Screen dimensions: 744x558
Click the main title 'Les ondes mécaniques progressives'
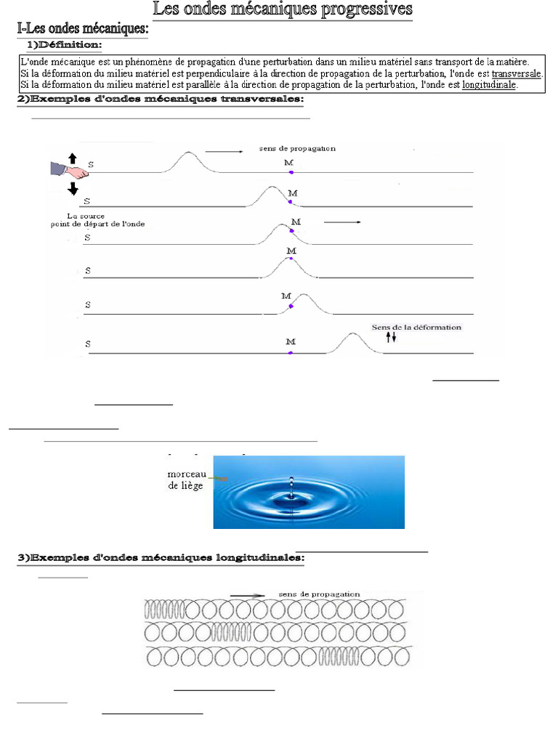[x=282, y=10]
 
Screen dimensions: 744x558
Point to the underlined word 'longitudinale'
[x=488, y=85]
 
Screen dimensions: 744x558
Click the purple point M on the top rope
[x=291, y=173]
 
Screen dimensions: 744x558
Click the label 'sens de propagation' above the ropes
[x=297, y=148]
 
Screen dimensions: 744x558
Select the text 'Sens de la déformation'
[x=416, y=327]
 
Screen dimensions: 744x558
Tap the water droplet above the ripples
[x=291, y=482]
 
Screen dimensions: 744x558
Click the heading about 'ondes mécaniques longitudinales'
[x=161, y=558]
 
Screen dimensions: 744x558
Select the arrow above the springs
[x=248, y=595]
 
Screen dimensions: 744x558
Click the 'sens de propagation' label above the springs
[x=319, y=594]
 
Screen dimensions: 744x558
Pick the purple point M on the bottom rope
[x=291, y=352]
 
